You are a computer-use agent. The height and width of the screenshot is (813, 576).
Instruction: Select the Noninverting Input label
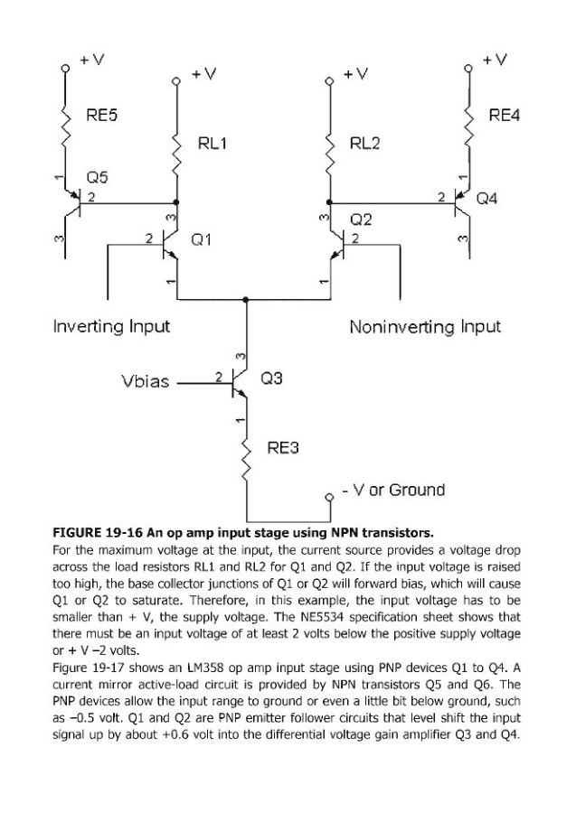tap(425, 325)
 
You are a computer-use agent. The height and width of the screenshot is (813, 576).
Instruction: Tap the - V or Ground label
tap(392, 491)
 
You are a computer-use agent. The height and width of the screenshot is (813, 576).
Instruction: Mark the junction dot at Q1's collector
tap(175, 202)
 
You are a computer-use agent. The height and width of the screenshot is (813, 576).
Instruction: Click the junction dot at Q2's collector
tap(329, 202)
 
